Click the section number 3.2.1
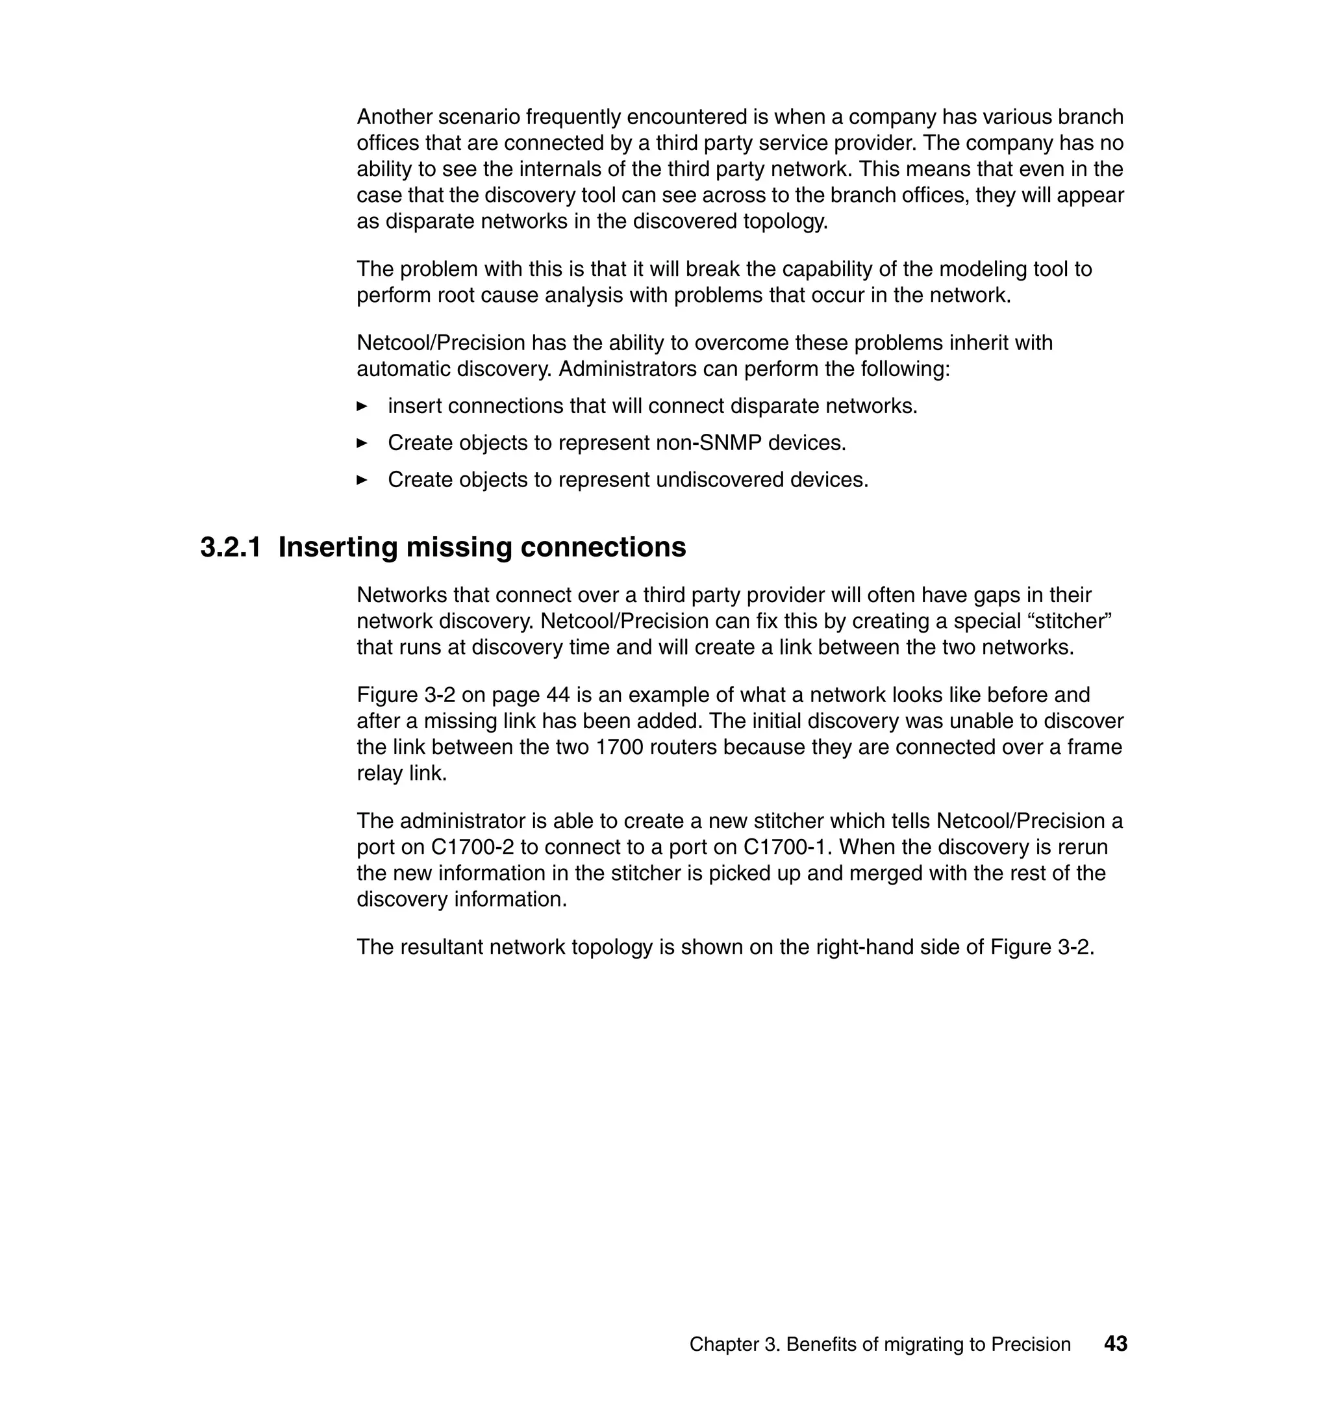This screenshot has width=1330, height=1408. tap(231, 547)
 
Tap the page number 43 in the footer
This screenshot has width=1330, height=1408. tap(1115, 1344)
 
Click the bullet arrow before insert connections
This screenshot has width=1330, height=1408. tap(362, 407)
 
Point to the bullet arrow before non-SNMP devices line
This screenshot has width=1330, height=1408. tap(362, 443)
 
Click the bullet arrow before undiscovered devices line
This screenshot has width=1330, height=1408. tap(362, 480)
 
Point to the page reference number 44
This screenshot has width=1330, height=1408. tap(558, 695)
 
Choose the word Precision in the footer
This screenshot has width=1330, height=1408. tap(1031, 1345)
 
